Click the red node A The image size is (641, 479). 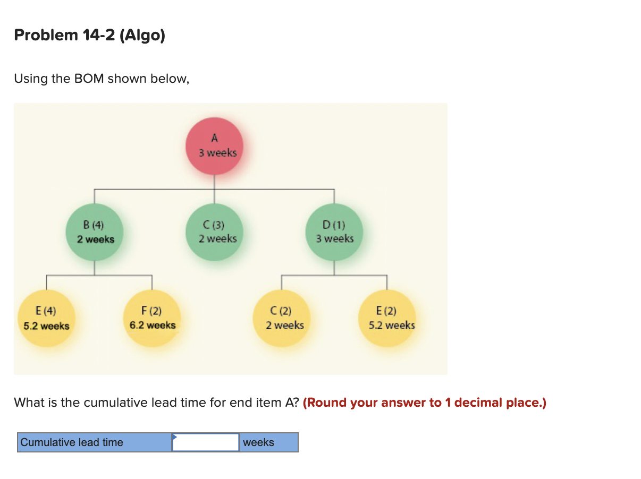[214, 145]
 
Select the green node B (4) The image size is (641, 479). [95, 232]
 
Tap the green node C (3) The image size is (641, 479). [215, 232]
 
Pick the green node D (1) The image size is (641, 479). [334, 232]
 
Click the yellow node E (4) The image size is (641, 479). [46, 318]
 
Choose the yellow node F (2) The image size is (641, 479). [152, 318]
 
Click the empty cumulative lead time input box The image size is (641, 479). [206, 442]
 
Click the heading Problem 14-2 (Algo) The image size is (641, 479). [89, 36]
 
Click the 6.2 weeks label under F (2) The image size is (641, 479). [153, 325]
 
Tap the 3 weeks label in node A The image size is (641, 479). [218, 153]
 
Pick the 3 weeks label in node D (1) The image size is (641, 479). [335, 238]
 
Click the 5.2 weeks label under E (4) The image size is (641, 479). [46, 326]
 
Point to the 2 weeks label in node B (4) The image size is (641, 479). [96, 239]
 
